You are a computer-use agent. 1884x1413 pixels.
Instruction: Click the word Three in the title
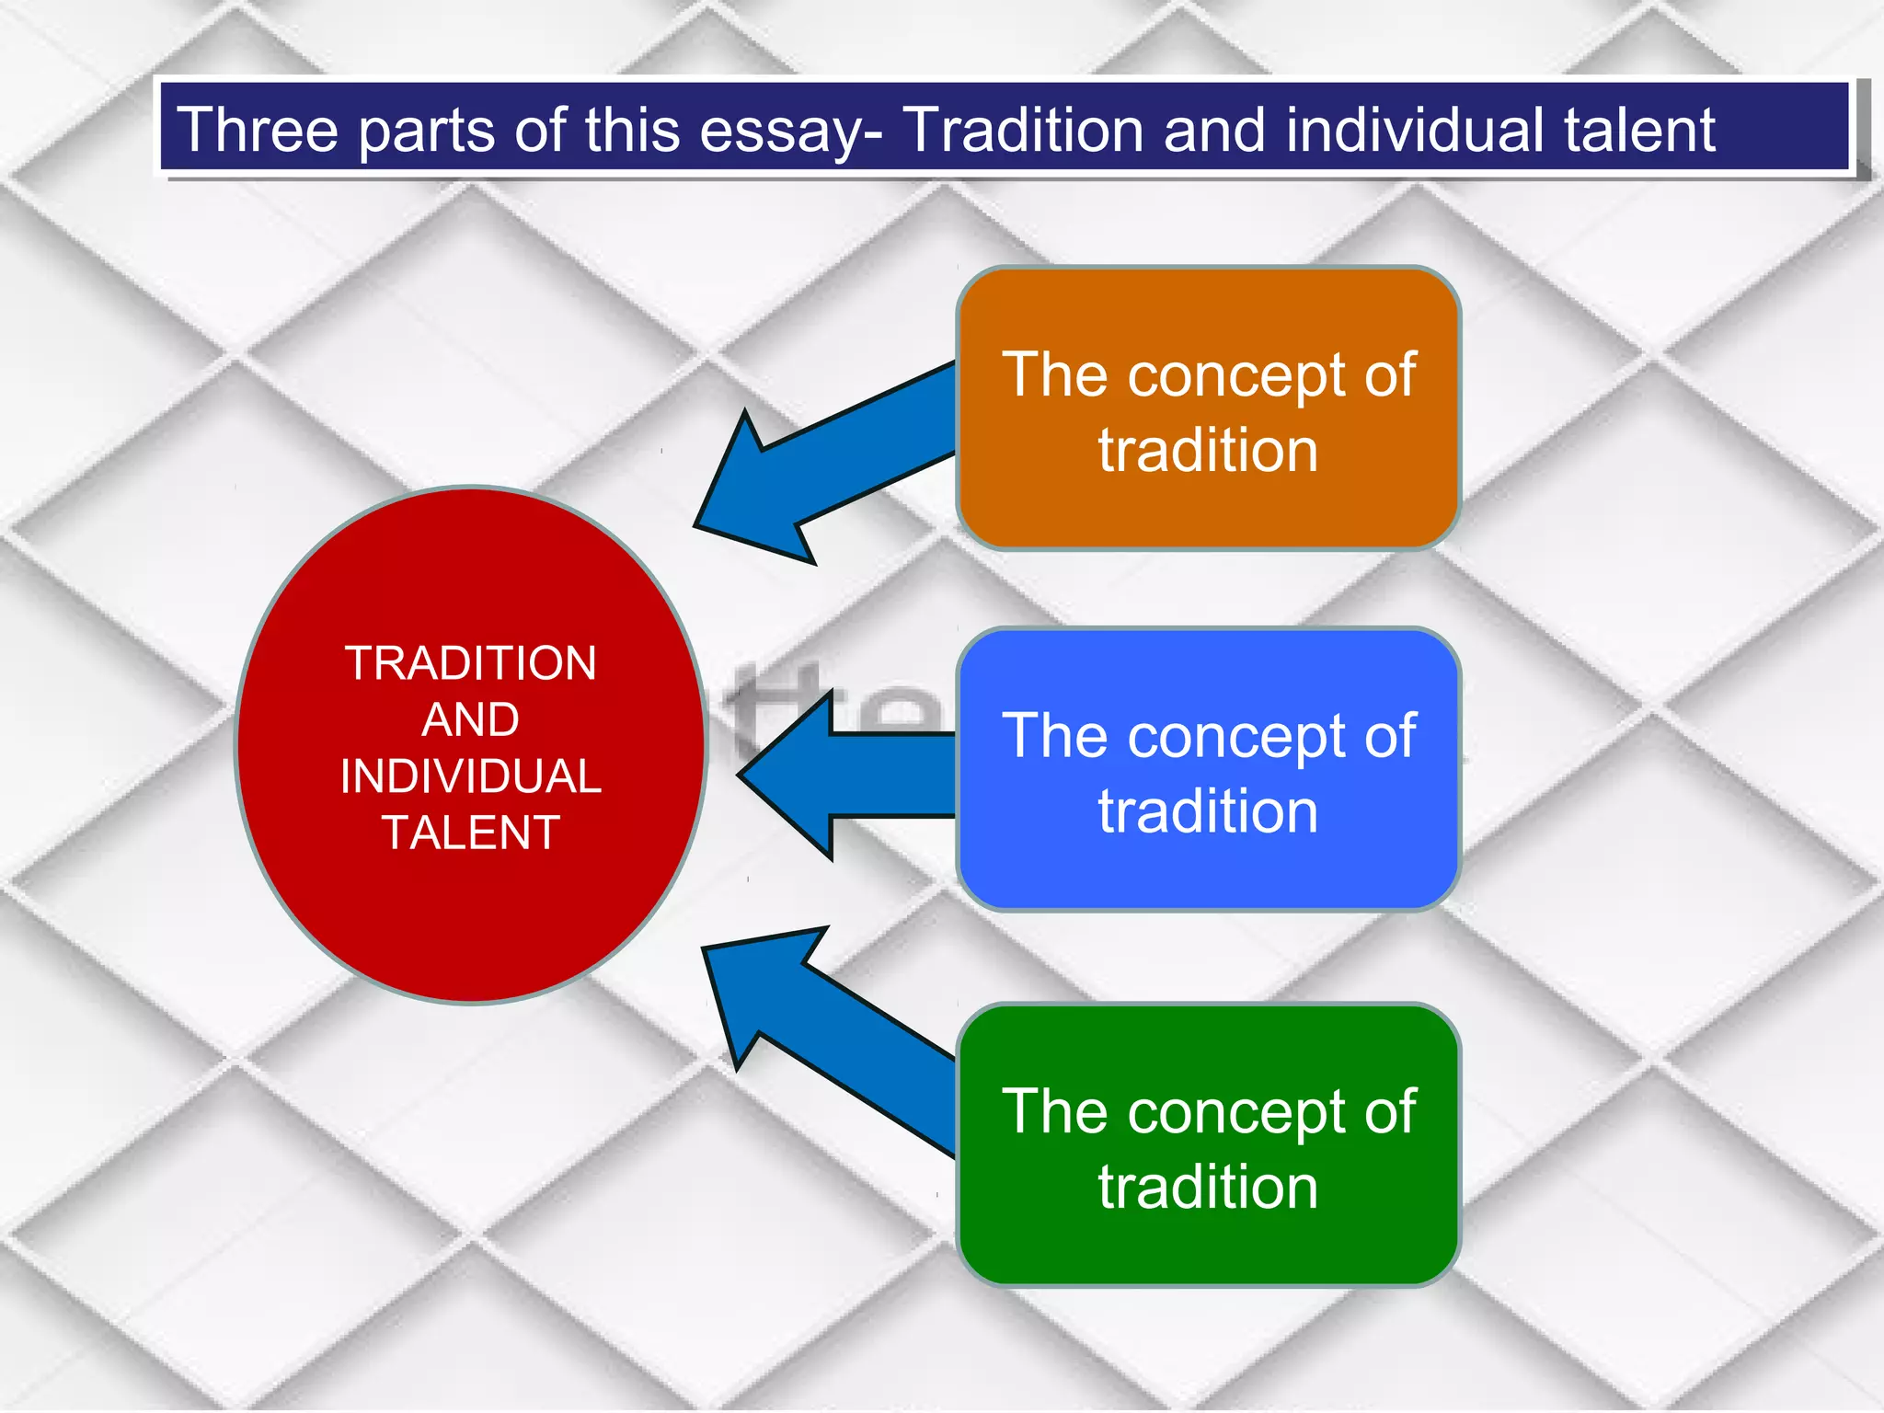coord(257,130)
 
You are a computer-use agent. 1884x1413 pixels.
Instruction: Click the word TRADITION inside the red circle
coord(471,663)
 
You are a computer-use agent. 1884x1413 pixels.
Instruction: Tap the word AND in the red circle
coord(471,719)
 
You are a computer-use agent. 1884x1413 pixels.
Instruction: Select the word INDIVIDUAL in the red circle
coord(471,776)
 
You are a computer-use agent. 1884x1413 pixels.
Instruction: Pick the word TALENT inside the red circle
coord(471,833)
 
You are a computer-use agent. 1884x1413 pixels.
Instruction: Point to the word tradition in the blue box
coord(1208,811)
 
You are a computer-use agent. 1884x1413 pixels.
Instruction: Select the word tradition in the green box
coord(1208,1187)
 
